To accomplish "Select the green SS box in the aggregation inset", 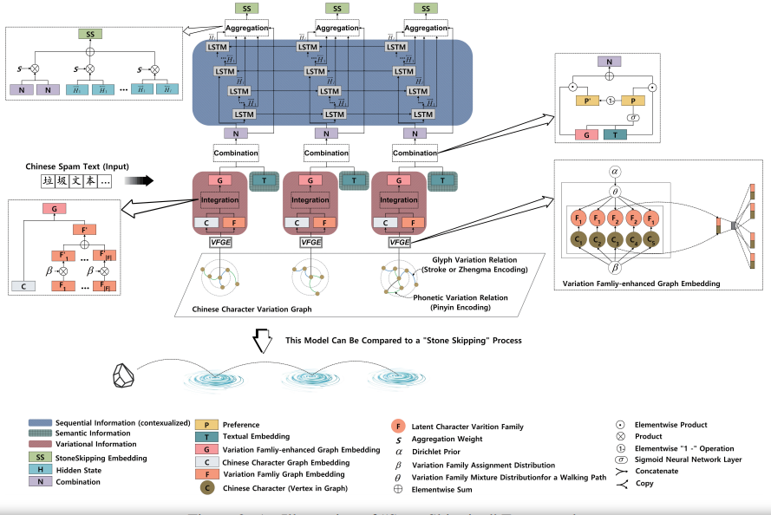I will (89, 34).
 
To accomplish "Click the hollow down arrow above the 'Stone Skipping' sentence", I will (261, 339).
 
